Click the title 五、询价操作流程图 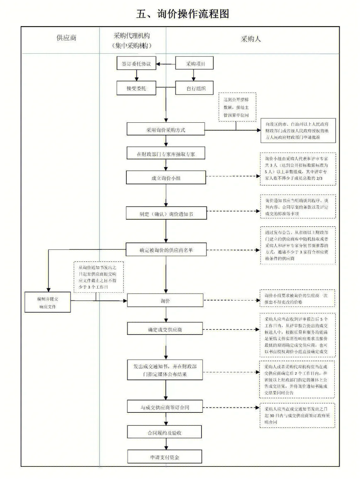click(183, 14)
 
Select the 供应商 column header click(66, 38)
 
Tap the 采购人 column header click(250, 39)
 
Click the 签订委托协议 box click(136, 64)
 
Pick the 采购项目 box click(194, 64)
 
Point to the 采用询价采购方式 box click(165, 130)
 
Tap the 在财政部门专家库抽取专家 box click(165, 154)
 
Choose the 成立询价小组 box click(166, 177)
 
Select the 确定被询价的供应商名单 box click(166, 250)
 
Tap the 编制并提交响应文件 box click(48, 302)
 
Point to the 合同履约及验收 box click(165, 432)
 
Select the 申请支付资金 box click(165, 457)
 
